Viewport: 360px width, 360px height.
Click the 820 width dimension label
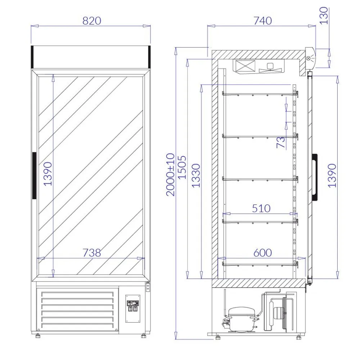tap(92, 21)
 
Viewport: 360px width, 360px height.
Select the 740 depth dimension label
tap(262, 21)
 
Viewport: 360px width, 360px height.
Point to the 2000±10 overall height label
tap(171, 175)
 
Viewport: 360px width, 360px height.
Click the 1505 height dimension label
tap(182, 167)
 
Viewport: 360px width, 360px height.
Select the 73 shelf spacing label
tap(281, 142)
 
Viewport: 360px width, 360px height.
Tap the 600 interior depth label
tap(262, 253)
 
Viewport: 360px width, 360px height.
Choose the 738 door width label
tap(91, 253)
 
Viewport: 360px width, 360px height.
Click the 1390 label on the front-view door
tap(48, 174)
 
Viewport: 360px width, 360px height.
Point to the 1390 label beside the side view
tap(332, 175)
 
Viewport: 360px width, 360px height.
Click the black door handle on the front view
tap(34, 176)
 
